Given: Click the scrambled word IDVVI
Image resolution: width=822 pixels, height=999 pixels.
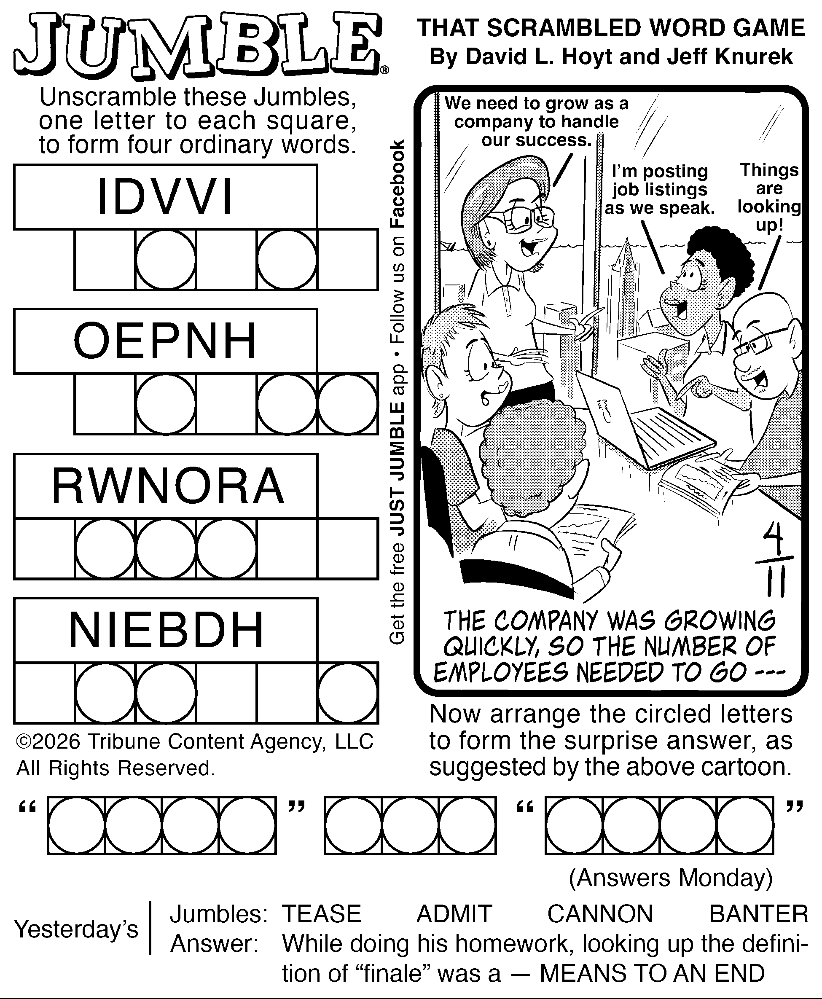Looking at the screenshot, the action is click(165, 197).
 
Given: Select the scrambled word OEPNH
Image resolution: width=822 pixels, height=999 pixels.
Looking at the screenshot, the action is click(165, 341).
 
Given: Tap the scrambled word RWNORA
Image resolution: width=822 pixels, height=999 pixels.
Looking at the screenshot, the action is click(168, 486).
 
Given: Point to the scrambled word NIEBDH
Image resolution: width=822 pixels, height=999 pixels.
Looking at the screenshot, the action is click(166, 630).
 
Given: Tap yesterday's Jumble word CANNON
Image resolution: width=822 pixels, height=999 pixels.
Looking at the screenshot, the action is click(600, 914).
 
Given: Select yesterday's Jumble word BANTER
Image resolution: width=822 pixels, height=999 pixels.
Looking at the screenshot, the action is click(758, 914).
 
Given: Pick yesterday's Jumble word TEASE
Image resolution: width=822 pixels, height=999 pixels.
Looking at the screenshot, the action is click(322, 914).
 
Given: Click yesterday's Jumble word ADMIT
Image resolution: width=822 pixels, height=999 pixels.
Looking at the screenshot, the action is click(454, 914).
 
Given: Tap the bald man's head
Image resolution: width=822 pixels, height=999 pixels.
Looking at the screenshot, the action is click(762, 331).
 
